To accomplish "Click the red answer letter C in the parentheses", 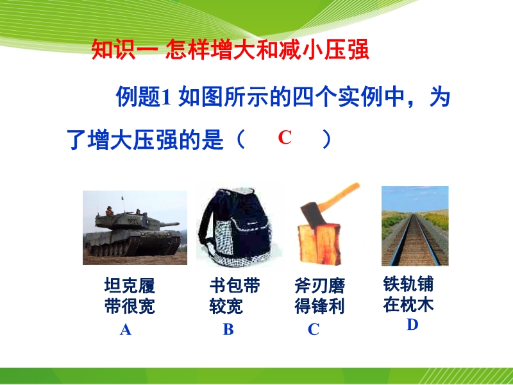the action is (285, 137).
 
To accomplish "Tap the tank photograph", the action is (135, 228).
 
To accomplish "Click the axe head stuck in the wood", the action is (312, 215).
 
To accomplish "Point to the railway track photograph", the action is (415, 226).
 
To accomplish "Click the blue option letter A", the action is (126, 330).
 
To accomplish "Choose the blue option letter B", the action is (228, 329).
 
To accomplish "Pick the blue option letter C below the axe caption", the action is (314, 329).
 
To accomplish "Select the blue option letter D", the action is (412, 325).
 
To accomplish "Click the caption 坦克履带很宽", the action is (130, 296).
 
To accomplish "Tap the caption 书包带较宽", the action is (235, 296).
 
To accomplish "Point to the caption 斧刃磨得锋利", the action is (319, 296).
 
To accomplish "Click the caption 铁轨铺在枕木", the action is (408, 294).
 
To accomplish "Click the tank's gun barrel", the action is (169, 224).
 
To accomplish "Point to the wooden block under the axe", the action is (318, 244).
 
